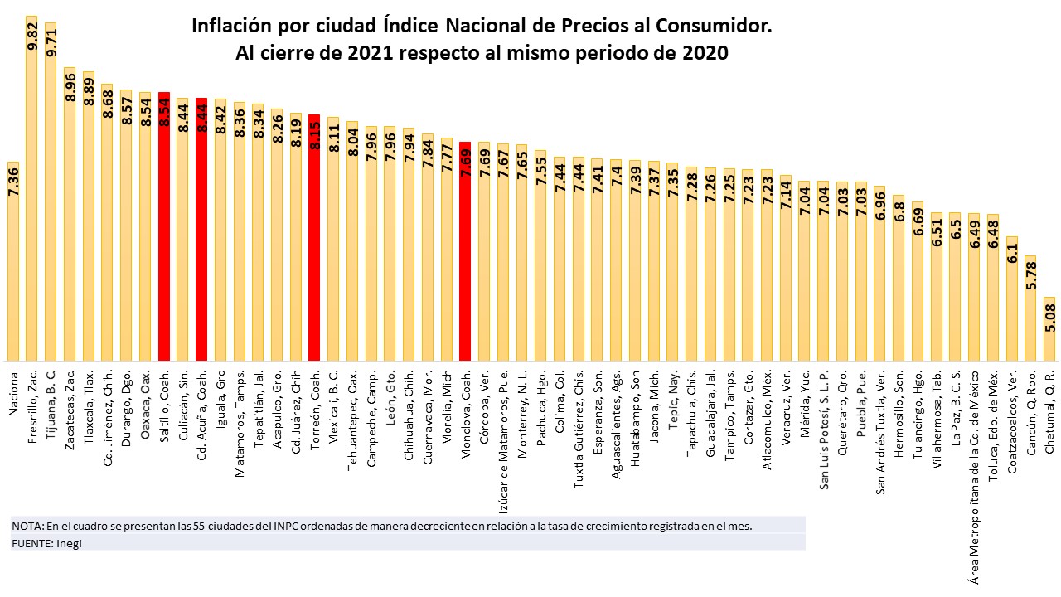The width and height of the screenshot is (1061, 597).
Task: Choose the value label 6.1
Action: point(1012,252)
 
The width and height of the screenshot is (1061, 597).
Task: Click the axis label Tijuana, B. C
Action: point(51,398)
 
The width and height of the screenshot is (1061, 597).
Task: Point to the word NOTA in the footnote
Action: point(26,526)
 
